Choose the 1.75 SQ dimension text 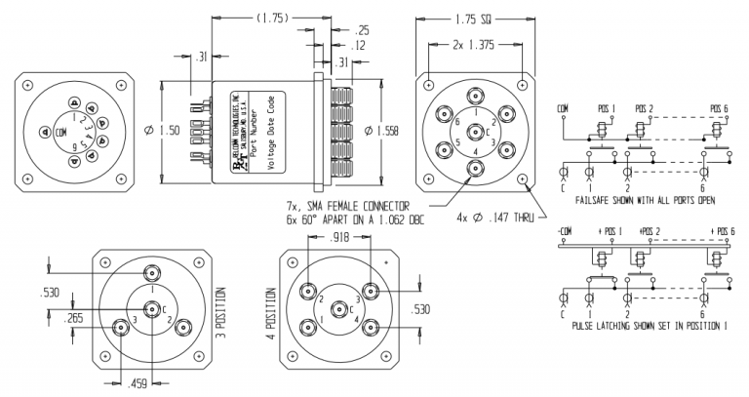[x=477, y=18]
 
